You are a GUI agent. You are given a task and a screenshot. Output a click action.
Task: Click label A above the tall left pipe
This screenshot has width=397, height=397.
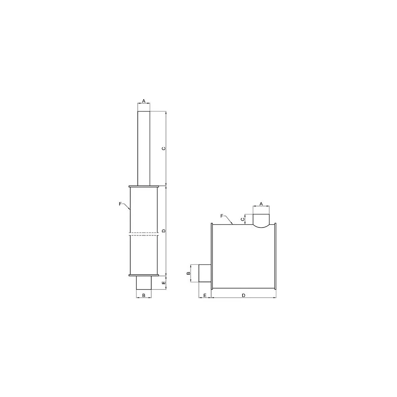click(x=144, y=101)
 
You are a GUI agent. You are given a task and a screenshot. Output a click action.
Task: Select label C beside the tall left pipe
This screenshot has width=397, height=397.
click(x=164, y=148)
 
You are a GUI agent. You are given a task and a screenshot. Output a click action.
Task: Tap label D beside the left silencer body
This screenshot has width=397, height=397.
click(x=164, y=231)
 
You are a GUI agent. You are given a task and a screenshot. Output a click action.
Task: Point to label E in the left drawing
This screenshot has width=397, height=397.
click(x=164, y=282)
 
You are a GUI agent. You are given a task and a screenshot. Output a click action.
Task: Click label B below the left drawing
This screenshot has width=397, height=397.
click(x=144, y=295)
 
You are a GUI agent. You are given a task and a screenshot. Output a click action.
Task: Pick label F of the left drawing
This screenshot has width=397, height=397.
click(x=120, y=204)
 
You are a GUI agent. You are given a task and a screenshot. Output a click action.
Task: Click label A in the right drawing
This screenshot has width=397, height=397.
click(x=261, y=204)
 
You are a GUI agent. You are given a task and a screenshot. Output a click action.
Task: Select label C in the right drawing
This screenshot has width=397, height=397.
click(x=243, y=219)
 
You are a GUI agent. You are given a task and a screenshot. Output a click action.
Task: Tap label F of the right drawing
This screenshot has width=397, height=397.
click(x=222, y=216)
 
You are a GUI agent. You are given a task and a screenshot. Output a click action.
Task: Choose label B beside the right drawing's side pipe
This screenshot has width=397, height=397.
click(x=188, y=273)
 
